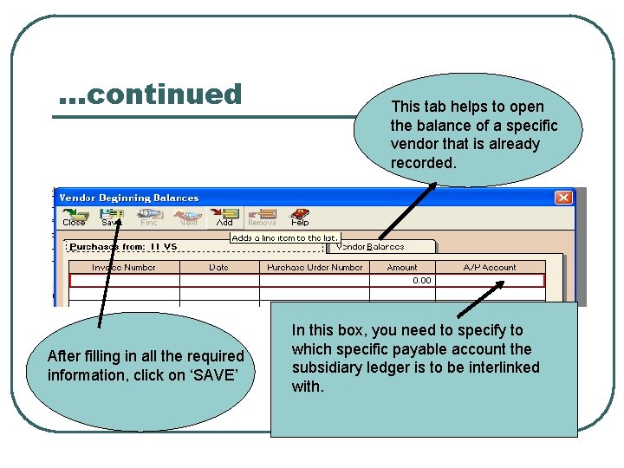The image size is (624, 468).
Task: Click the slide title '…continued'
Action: pyautogui.click(x=150, y=94)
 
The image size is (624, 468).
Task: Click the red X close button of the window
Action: pyautogui.click(x=563, y=198)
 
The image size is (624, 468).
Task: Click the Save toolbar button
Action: pyautogui.click(x=112, y=217)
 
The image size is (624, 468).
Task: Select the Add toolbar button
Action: pyautogui.click(x=224, y=217)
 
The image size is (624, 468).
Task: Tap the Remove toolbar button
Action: pyautogui.click(x=262, y=217)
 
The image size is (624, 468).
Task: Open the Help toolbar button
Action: pyautogui.click(x=300, y=217)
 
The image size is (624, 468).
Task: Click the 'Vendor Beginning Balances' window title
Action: pyautogui.click(x=129, y=198)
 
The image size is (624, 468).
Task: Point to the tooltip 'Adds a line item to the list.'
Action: pyautogui.click(x=284, y=237)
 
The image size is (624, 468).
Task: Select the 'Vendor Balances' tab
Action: pyautogui.click(x=370, y=247)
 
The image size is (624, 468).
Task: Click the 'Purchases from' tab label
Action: pyautogui.click(x=123, y=247)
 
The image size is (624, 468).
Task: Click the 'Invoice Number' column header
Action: pyautogui.click(x=124, y=268)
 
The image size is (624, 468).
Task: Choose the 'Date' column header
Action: pyautogui.click(x=219, y=268)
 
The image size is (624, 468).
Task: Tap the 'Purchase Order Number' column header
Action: pyautogui.click(x=315, y=268)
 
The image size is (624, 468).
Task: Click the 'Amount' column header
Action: pyautogui.click(x=402, y=268)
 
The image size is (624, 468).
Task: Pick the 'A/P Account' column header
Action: pyautogui.click(x=490, y=268)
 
